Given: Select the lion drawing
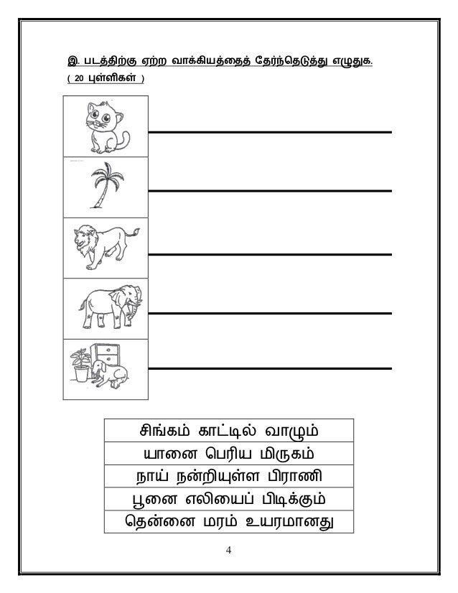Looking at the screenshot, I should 105,247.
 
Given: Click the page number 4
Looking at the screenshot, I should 228,551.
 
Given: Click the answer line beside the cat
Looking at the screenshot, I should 269,132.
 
